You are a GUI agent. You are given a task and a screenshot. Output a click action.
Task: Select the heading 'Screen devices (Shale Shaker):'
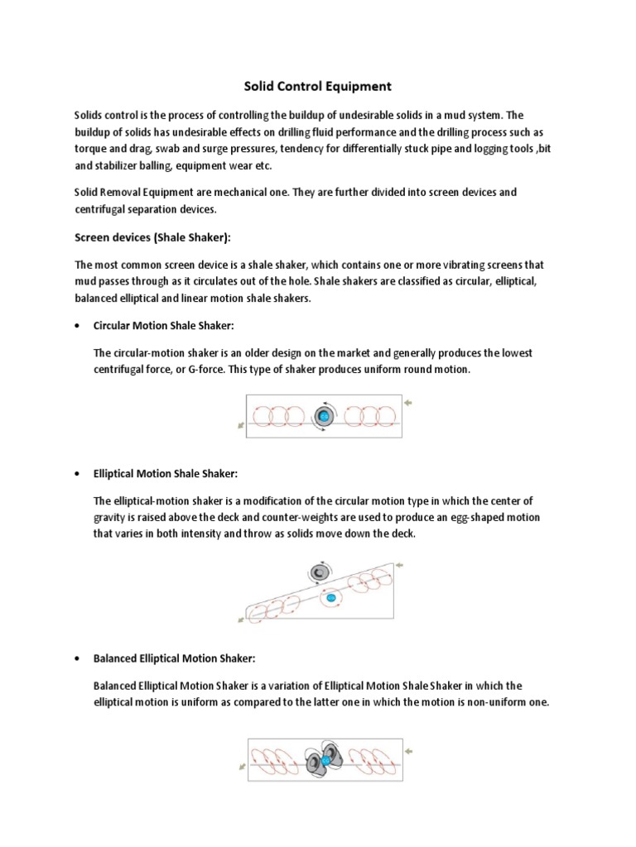pos(152,237)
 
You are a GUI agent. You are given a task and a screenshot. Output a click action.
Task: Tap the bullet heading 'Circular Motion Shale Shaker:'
pos(170,326)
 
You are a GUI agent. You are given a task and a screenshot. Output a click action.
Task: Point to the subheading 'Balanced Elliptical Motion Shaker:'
pos(175,658)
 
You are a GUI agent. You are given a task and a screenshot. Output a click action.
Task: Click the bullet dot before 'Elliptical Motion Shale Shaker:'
pos(77,474)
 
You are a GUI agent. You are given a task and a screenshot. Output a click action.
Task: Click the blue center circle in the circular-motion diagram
pos(324,414)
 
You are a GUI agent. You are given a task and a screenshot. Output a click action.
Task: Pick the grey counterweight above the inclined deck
pos(317,570)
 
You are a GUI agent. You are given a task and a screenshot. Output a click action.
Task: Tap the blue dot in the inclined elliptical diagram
pos(330,596)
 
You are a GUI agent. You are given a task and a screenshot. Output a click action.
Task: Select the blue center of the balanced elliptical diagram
pos(325,758)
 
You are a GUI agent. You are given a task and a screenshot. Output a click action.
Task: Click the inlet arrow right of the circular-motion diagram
pos(407,403)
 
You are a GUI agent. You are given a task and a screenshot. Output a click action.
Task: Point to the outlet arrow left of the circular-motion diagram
pos(241,425)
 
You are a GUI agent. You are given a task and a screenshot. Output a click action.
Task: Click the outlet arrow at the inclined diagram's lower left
pos(241,618)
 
